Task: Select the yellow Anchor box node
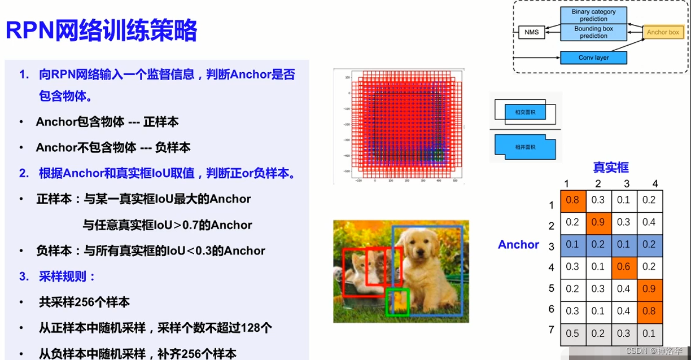pos(663,32)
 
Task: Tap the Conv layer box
pos(593,58)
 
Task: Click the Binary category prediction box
pos(593,15)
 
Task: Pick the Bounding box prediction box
pos(593,32)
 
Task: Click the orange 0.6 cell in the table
pos(624,266)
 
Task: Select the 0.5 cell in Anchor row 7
pos(572,333)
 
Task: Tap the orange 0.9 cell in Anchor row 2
pos(598,222)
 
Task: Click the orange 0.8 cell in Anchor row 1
pos(572,200)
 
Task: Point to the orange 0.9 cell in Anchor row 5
pos(649,288)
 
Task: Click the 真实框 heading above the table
pos(610,167)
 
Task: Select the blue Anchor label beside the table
pos(518,244)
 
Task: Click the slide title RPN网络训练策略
pos(102,31)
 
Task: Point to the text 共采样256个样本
pos(84,302)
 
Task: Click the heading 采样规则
pos(67,276)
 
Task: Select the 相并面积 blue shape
pos(524,147)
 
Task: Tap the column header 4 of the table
pos(655,184)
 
